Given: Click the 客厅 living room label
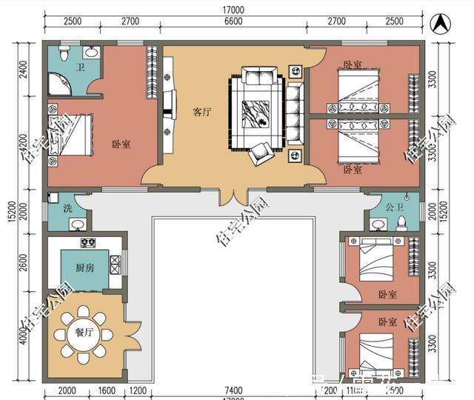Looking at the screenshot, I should [x=202, y=113].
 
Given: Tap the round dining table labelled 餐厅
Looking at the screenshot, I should [x=84, y=333].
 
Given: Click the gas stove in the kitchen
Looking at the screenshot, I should [x=87, y=242].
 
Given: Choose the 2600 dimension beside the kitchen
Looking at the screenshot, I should [x=23, y=264].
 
